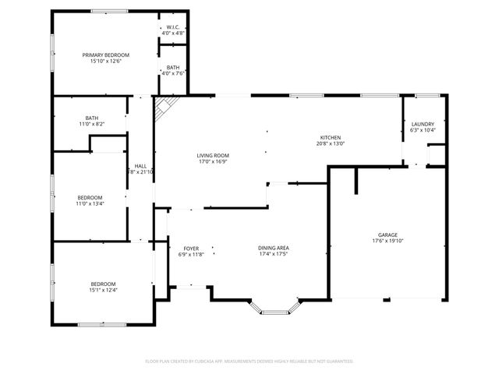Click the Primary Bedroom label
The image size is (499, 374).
point(106,55)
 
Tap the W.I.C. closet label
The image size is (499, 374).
point(172,27)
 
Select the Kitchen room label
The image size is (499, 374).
point(331,137)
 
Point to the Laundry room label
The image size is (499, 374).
point(423,124)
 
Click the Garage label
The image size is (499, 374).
point(388,235)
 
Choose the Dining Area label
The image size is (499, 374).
point(274,248)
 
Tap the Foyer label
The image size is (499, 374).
point(191,248)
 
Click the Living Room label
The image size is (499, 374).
point(212,156)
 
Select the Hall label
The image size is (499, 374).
point(140,166)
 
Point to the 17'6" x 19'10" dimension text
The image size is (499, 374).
point(388,241)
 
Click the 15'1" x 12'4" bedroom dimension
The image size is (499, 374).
point(103,290)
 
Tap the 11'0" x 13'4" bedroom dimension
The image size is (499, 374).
point(89,204)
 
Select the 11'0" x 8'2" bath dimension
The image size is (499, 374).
point(91,124)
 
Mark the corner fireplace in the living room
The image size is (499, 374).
point(163,108)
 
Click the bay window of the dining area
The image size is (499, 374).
point(274,312)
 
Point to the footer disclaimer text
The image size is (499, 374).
point(249,361)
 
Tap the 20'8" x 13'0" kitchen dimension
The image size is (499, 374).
point(331,143)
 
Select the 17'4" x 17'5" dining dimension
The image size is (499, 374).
point(274,254)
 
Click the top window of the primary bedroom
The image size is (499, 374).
point(109,11)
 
